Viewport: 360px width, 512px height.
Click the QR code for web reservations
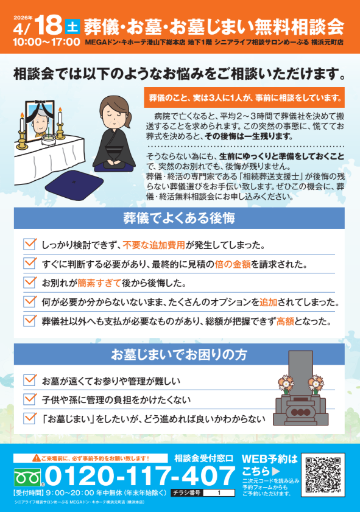point(323,474)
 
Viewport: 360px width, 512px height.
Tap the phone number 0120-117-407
point(140,475)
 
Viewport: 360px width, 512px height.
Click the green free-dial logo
point(27,477)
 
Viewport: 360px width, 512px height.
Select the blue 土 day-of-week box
point(72,26)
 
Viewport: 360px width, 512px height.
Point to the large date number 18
point(48,25)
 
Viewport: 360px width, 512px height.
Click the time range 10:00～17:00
point(46,42)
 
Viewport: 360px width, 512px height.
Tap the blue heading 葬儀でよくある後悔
point(179,218)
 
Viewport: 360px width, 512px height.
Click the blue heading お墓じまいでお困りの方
point(179,354)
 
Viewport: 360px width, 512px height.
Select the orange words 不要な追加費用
point(154,245)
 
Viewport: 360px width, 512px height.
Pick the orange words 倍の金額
point(232,264)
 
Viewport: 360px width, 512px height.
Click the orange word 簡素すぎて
point(99,283)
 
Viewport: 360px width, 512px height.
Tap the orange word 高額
point(285,321)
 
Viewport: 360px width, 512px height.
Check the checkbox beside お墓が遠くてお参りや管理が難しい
point(30,380)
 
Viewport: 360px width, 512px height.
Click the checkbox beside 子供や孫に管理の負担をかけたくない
point(30,399)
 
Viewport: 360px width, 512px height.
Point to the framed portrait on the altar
point(40,121)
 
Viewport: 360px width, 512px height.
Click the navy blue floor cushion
point(74,186)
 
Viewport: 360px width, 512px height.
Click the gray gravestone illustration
point(300,388)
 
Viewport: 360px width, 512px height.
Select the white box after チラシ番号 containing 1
point(219,493)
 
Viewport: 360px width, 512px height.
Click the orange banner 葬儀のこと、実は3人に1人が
point(244,97)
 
